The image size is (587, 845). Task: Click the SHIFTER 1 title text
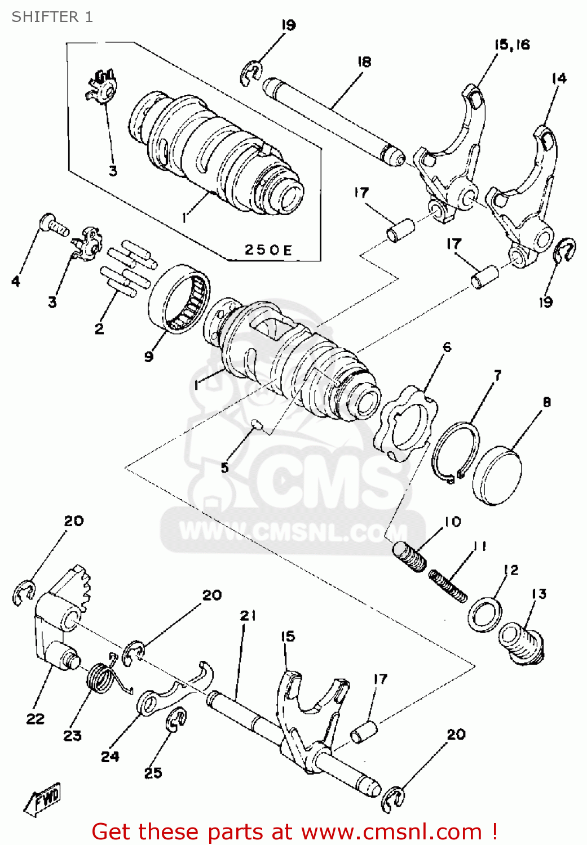(52, 17)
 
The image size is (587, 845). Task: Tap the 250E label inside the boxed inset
(268, 250)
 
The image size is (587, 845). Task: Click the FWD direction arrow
(43, 799)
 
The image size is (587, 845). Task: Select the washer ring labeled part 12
(484, 615)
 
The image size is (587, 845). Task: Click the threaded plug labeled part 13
(522, 642)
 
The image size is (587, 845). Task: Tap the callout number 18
(364, 61)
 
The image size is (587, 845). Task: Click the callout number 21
(248, 616)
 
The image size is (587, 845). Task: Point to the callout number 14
(559, 78)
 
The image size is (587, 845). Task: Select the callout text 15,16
(512, 45)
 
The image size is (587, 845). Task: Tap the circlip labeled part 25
(176, 722)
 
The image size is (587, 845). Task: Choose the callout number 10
(452, 522)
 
